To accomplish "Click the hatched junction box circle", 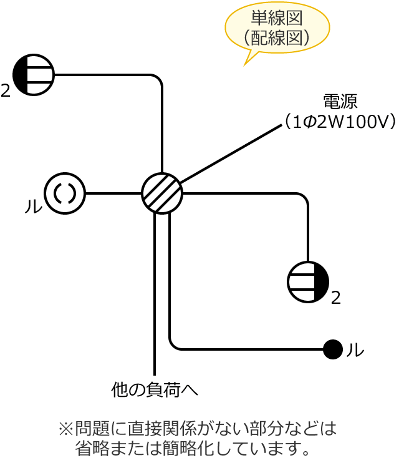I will click(x=162, y=193).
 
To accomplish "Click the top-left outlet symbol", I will click(x=34, y=75).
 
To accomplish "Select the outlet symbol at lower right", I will click(x=308, y=282).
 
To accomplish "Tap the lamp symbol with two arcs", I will click(x=65, y=193).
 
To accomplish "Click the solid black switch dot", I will click(x=333, y=349).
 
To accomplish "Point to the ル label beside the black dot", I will click(x=355, y=350).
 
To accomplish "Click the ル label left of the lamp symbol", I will click(x=33, y=207).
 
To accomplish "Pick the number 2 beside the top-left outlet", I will click(x=6, y=92).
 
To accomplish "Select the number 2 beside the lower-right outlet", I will click(x=336, y=298).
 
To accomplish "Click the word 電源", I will click(x=340, y=101).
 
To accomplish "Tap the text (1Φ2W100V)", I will click(x=340, y=121).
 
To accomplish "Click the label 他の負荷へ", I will click(x=155, y=390).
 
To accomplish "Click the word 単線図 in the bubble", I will click(x=277, y=17).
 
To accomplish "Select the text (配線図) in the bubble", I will click(x=277, y=37).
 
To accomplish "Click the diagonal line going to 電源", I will click(x=231, y=154).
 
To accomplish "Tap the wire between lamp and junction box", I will click(x=113, y=193).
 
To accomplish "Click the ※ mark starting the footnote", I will click(x=65, y=429).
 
